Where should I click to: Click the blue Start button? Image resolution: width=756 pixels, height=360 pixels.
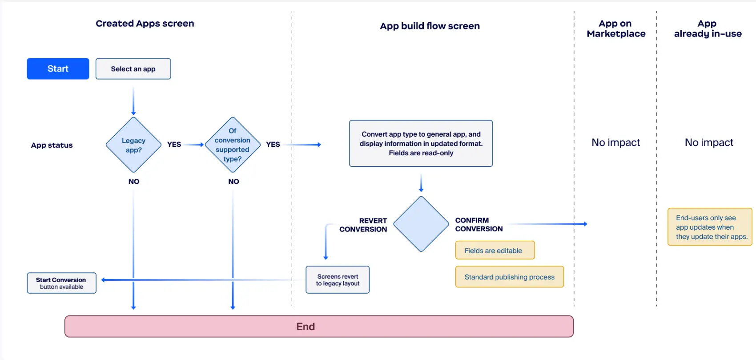click(x=58, y=69)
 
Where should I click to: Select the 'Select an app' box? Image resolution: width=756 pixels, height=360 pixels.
click(x=133, y=69)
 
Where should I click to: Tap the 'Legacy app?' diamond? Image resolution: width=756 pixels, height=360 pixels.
click(x=133, y=145)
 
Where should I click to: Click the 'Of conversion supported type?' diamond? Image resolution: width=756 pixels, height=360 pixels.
click(x=233, y=145)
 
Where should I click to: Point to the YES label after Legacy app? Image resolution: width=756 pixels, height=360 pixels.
click(x=174, y=145)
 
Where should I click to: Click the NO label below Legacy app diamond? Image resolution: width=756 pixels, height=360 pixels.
click(x=134, y=182)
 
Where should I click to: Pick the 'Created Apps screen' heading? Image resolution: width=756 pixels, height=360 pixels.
click(x=145, y=24)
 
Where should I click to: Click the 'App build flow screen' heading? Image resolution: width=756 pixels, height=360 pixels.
click(x=430, y=26)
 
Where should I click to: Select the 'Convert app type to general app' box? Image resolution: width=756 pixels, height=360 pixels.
click(x=421, y=143)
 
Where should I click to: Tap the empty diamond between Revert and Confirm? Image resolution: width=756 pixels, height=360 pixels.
click(x=421, y=224)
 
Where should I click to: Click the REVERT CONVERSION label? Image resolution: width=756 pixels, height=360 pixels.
click(x=363, y=225)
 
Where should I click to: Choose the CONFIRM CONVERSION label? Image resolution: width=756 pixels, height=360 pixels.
click(x=479, y=225)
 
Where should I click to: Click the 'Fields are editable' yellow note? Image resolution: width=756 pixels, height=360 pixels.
click(x=495, y=251)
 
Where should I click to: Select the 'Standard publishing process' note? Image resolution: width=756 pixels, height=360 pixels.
click(x=509, y=277)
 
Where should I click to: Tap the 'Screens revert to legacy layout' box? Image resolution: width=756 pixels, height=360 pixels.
click(x=338, y=280)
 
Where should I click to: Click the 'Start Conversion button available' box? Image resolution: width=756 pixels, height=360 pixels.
click(x=61, y=283)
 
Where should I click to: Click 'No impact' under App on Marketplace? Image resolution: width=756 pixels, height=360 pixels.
click(x=615, y=143)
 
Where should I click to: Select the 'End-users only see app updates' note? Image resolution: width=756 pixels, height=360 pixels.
click(x=710, y=227)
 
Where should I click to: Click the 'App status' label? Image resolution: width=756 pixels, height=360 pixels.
click(x=52, y=146)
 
